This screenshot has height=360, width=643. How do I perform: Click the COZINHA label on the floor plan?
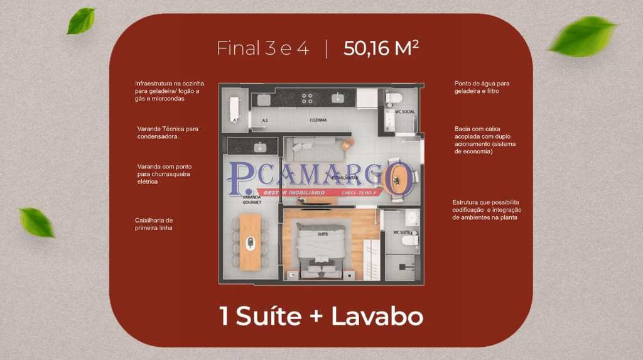(x=318, y=119)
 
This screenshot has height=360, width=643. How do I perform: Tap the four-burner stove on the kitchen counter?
(x=307, y=98)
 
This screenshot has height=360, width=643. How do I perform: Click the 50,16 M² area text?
(x=381, y=48)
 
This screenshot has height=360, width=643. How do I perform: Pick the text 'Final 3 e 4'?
(x=263, y=48)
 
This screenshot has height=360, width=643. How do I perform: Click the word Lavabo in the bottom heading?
(x=377, y=316)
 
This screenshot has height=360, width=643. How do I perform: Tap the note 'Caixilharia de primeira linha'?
(x=154, y=224)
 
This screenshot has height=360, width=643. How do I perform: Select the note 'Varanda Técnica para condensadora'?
(x=168, y=133)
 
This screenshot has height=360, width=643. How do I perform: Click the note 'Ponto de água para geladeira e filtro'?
(x=482, y=87)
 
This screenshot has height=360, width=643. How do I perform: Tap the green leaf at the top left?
(x=81, y=20)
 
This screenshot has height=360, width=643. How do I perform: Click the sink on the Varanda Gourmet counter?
(x=258, y=147)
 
